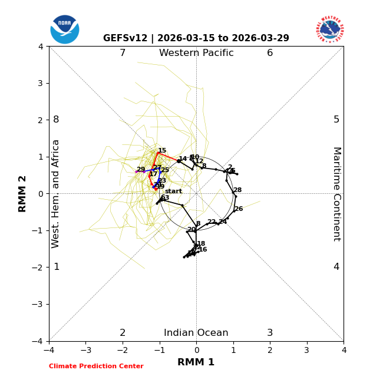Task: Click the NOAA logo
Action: point(65,29)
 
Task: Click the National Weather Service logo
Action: point(329,29)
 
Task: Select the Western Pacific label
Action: point(196,53)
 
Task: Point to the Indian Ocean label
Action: point(196,333)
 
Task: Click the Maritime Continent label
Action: point(336,194)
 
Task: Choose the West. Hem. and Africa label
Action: point(56,194)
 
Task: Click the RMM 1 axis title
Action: point(196,362)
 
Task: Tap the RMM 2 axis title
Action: point(23,194)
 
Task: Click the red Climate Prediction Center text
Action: point(96,367)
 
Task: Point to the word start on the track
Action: point(173,191)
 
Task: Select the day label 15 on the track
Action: point(162,151)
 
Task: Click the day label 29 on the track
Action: point(141,170)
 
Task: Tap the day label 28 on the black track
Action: point(237,190)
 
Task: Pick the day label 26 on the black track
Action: point(239,209)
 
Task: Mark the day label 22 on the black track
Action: point(211,222)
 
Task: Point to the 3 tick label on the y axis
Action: point(41,83)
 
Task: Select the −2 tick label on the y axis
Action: point(39,268)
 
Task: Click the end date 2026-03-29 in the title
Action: point(260,38)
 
